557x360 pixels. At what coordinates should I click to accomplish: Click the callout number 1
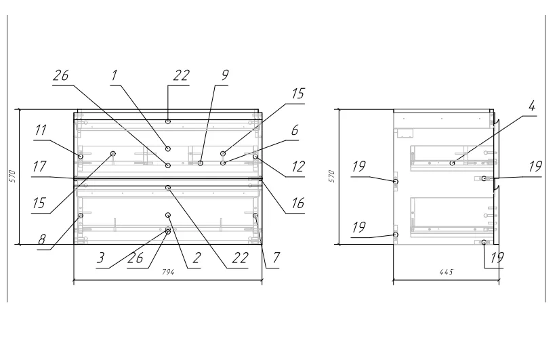tap(114, 75)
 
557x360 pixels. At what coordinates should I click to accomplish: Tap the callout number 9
tap(225, 75)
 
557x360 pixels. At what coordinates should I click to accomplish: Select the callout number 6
tap(295, 130)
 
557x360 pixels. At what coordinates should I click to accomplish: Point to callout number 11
tap(41, 130)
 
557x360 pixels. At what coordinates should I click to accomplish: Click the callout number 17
tap(39, 166)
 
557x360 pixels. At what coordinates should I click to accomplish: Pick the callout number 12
tap(297, 166)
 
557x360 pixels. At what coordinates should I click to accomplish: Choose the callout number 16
tap(297, 203)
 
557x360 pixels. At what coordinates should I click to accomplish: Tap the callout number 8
tap(42, 239)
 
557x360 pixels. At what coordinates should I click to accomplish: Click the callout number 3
tap(101, 258)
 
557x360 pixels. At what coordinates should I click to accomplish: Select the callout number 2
tap(197, 258)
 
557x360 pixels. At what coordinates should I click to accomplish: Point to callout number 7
tap(276, 258)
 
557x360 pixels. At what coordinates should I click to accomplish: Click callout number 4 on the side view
tap(531, 106)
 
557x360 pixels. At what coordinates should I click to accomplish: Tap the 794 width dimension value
tap(168, 272)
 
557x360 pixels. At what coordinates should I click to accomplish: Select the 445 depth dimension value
tap(447, 272)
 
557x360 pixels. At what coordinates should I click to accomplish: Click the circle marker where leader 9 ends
tap(201, 163)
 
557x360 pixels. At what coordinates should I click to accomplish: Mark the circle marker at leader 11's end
tap(81, 157)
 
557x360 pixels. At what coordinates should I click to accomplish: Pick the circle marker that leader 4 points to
tap(452, 163)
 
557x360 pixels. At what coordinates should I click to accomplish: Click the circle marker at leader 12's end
tap(255, 157)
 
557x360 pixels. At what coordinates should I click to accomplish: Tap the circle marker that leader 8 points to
tap(81, 216)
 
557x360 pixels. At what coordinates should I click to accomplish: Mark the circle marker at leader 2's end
tap(168, 215)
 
